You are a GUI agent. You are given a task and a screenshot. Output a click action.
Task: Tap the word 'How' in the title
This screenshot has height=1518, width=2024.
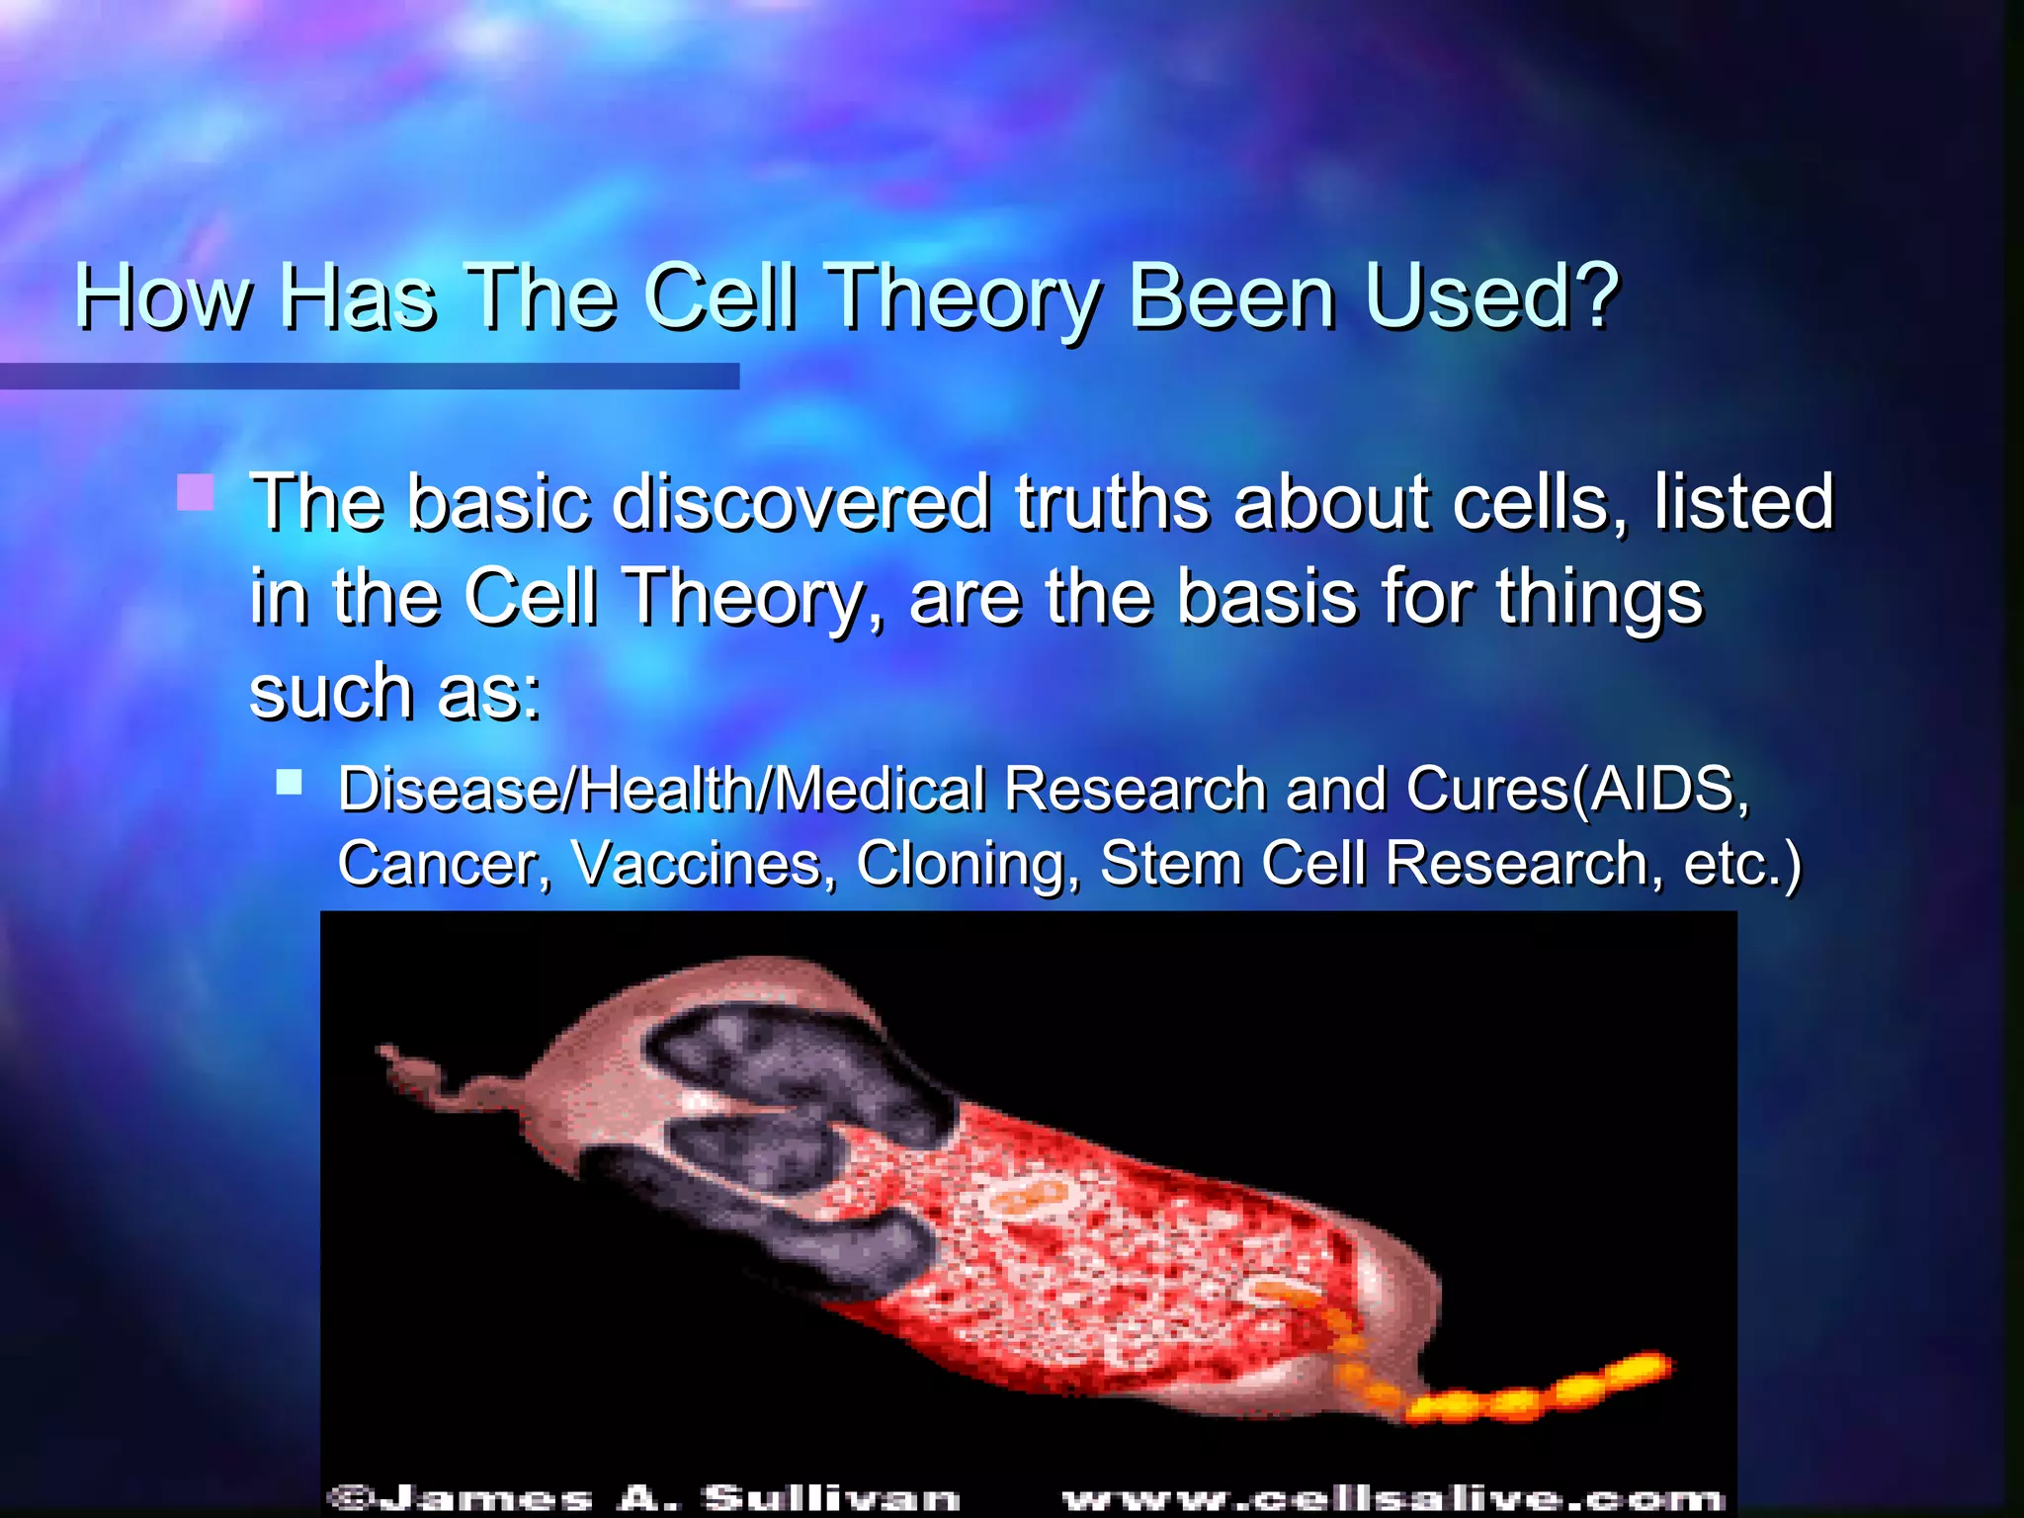click(x=163, y=296)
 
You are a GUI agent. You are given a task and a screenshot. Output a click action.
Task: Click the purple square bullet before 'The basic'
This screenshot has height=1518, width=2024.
click(x=195, y=492)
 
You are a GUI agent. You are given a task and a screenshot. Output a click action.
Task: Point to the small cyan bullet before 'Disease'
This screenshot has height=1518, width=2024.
click(x=289, y=783)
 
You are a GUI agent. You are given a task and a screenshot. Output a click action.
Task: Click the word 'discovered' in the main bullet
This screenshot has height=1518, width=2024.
click(x=801, y=502)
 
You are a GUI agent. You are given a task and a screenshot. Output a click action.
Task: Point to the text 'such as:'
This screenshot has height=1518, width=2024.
click(x=395, y=691)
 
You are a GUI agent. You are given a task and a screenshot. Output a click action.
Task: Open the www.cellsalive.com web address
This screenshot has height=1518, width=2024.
click(x=1392, y=1498)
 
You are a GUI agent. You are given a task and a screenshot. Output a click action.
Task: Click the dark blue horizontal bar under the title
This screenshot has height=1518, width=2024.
click(x=369, y=376)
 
